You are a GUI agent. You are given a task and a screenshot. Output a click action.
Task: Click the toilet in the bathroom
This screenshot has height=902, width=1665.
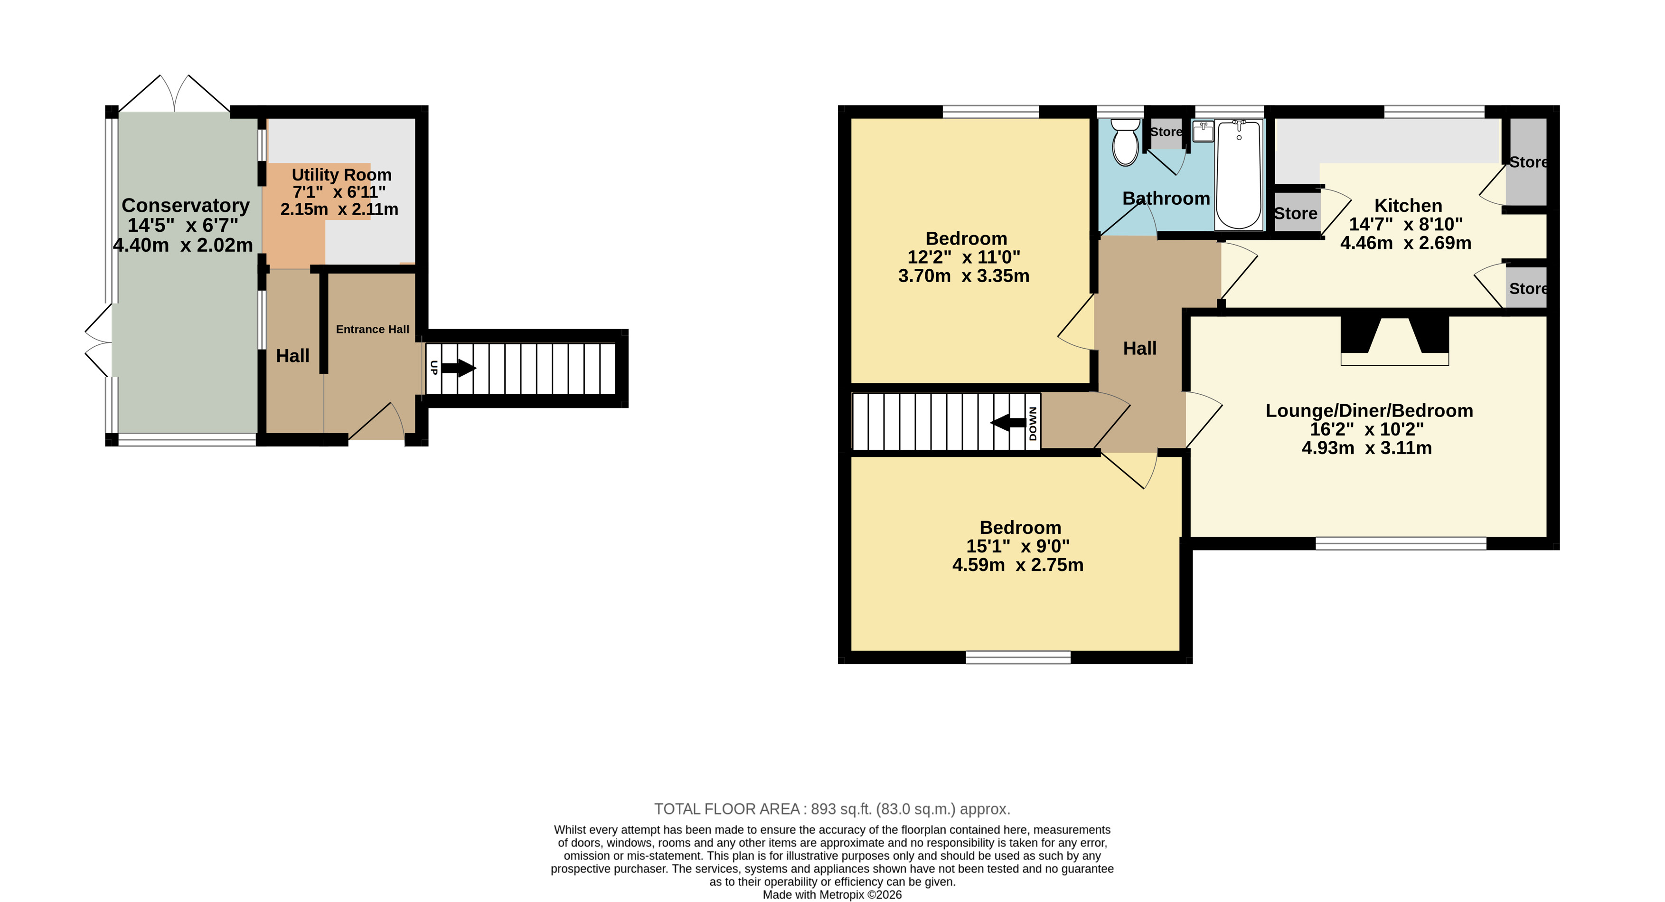coord(1125,142)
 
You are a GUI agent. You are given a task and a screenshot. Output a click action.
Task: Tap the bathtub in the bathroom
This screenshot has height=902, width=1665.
coord(1238,175)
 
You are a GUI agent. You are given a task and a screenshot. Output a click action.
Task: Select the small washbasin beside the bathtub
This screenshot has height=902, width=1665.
coord(1204,131)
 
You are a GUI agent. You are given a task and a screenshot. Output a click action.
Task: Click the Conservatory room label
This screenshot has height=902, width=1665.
coord(186,205)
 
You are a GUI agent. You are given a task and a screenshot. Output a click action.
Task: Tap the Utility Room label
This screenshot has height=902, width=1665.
coord(341,175)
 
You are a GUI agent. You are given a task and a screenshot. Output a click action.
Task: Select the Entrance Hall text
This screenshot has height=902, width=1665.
coord(372,329)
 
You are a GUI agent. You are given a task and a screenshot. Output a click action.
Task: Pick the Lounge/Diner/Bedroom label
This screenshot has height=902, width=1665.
coord(1369,410)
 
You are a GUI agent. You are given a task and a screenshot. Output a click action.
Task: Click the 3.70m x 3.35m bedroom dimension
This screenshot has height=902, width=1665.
coord(964,276)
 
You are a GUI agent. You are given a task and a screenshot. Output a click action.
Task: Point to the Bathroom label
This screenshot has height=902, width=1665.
coord(1166,199)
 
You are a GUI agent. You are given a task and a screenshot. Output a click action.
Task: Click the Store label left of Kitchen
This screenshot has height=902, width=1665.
coord(1295,213)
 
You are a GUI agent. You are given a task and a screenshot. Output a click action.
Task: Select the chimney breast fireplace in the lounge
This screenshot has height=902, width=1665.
coord(1395,341)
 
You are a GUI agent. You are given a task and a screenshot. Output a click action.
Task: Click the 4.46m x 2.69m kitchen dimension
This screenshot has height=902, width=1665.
coord(1406,243)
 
